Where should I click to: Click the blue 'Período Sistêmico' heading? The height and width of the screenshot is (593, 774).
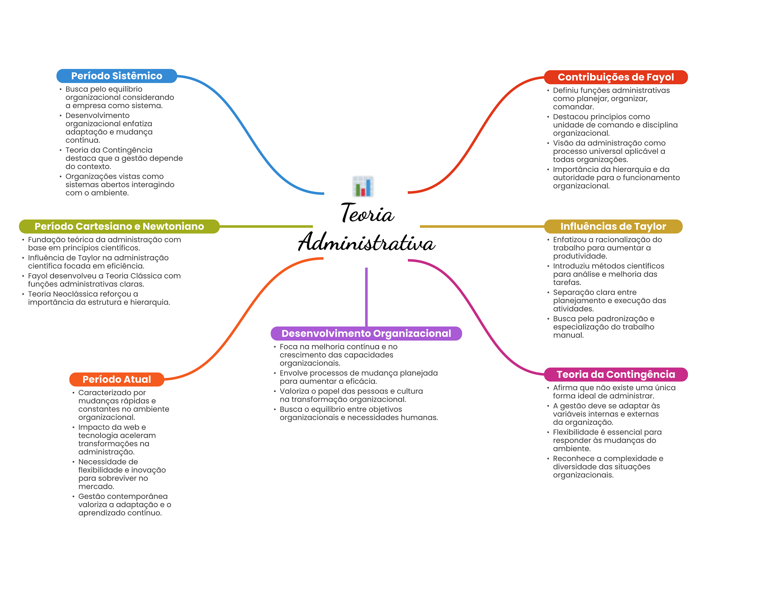(x=116, y=76)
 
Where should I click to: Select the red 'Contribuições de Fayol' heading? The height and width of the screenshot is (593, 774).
(x=615, y=77)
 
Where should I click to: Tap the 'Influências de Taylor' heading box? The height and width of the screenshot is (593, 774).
(x=613, y=226)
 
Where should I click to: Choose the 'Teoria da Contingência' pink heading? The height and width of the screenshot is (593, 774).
(x=615, y=375)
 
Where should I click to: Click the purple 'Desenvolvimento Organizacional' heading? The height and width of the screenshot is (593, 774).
(x=366, y=333)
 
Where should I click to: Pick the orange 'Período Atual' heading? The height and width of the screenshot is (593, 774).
(x=116, y=379)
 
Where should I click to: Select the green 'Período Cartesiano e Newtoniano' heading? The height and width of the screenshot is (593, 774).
(x=119, y=226)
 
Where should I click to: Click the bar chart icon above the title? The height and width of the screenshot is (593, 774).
(x=363, y=186)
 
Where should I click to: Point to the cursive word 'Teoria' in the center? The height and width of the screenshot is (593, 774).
(x=367, y=214)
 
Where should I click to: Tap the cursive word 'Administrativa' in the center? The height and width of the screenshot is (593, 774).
(x=367, y=242)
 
